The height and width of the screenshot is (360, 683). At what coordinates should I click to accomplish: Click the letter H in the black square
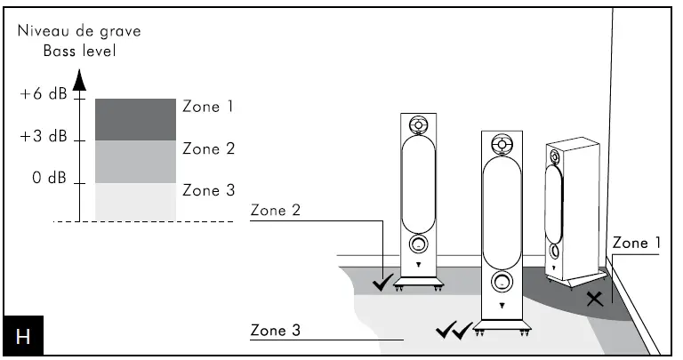(x=23, y=338)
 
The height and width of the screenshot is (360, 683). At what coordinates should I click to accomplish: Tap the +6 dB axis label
(x=44, y=97)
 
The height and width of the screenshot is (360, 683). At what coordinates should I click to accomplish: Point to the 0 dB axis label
(x=50, y=178)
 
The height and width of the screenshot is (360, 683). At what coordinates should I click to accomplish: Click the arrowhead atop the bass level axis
(x=78, y=81)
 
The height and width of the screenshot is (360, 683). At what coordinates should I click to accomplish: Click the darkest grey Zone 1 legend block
(x=135, y=119)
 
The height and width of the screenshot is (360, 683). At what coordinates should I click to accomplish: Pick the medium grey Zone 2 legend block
(x=135, y=162)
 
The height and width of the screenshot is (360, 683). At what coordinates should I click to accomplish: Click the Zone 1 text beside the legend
(x=207, y=107)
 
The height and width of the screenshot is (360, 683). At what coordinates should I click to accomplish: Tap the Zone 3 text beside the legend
(x=207, y=190)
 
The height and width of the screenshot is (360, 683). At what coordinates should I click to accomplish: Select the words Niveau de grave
(x=79, y=32)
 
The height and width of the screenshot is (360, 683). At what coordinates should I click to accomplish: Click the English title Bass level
(x=79, y=51)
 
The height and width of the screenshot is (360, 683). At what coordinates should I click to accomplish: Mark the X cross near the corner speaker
(x=595, y=299)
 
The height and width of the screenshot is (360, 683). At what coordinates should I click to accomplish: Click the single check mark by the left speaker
(x=383, y=284)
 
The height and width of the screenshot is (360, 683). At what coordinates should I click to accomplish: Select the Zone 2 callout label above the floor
(x=276, y=211)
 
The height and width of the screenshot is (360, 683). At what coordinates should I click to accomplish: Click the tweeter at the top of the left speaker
(x=418, y=124)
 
